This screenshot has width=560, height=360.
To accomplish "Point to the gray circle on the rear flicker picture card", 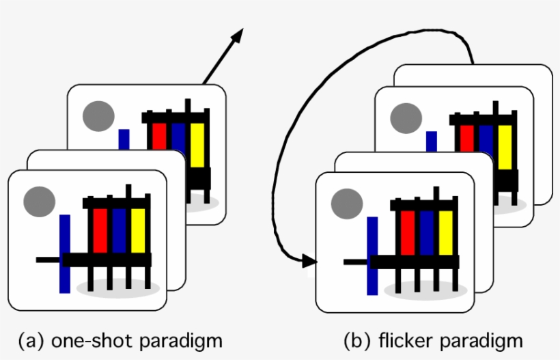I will [x=406, y=117].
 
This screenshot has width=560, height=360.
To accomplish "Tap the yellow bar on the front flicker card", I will [x=446, y=232].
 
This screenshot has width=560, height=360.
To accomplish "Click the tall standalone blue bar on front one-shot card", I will [x=65, y=253].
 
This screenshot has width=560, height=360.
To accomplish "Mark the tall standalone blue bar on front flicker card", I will [x=372, y=255].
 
